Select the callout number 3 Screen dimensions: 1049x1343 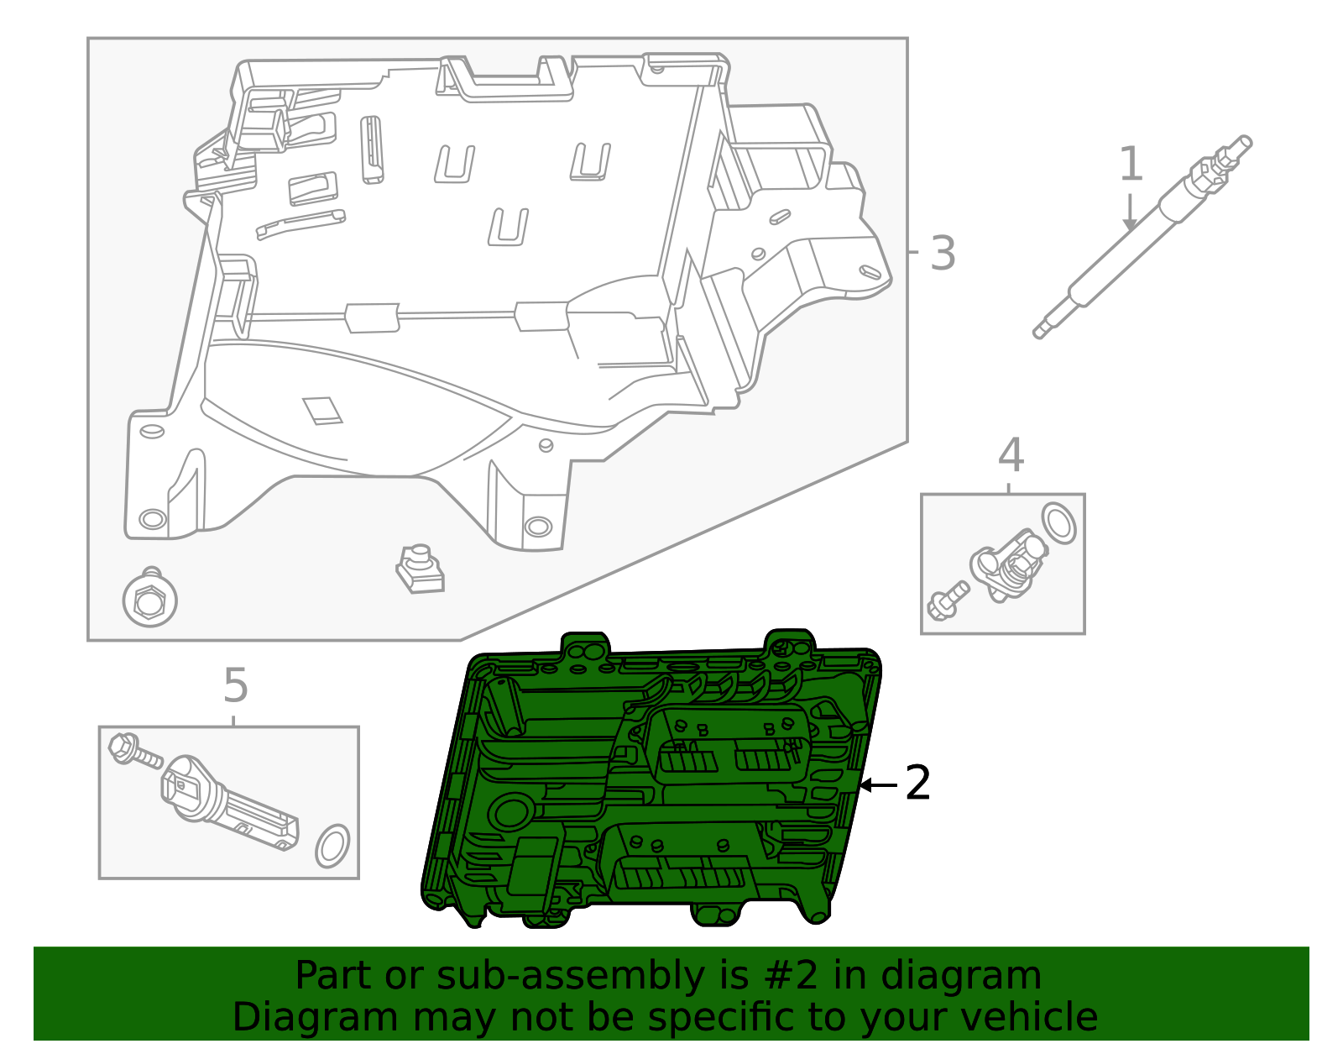click(x=943, y=253)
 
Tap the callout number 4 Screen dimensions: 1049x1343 click(x=1011, y=455)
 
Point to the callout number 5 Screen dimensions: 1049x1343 click(x=236, y=685)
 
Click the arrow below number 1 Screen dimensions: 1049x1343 click(x=1130, y=213)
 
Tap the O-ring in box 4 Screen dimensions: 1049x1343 click(x=1058, y=522)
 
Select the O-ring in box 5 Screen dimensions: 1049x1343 click(x=332, y=846)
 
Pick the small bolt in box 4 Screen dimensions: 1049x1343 click(x=947, y=600)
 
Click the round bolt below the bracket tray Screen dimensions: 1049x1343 click(x=149, y=600)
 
